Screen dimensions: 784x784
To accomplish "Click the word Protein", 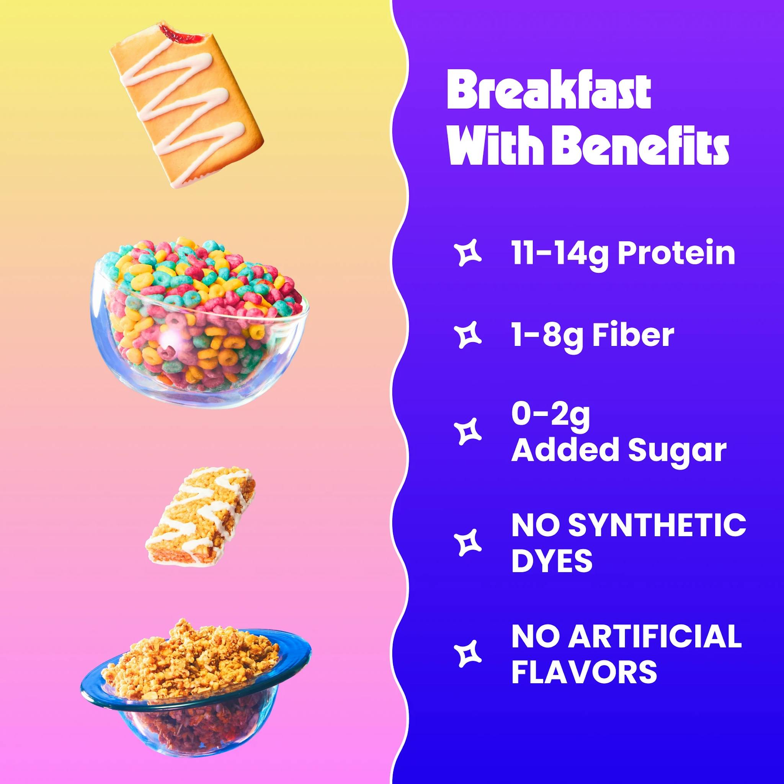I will [676, 253].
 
